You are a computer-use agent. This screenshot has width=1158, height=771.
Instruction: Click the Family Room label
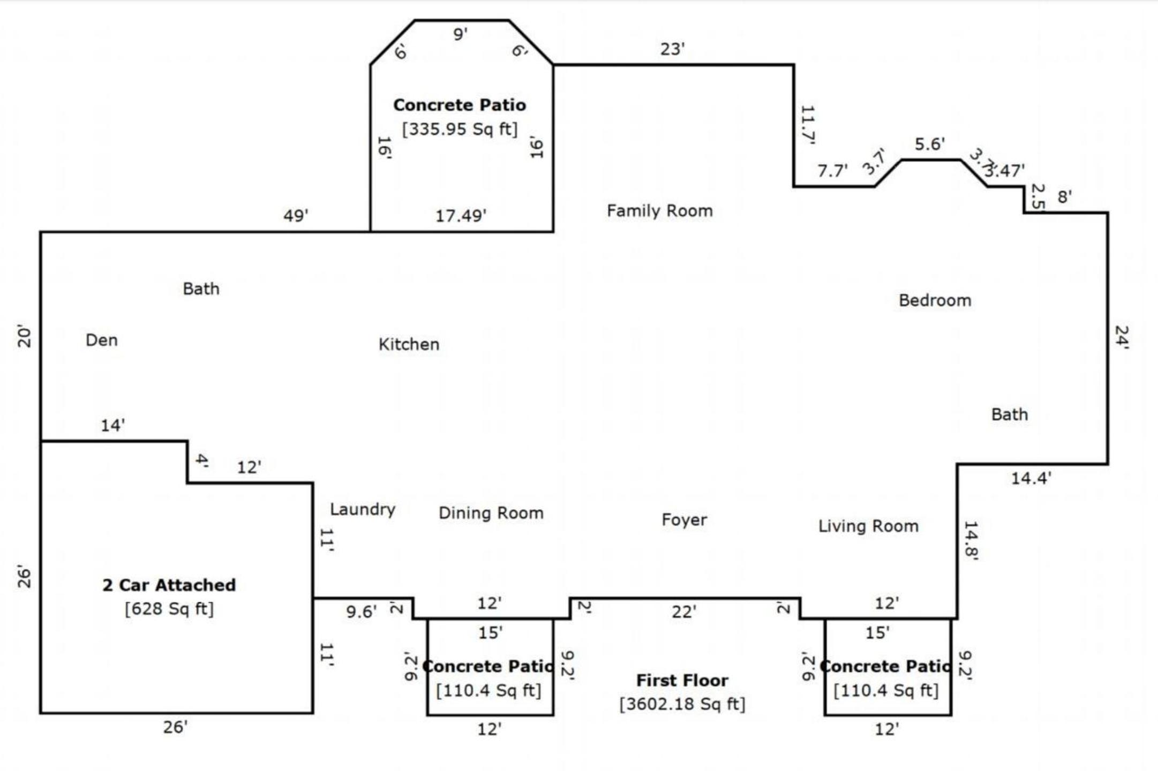coord(659,211)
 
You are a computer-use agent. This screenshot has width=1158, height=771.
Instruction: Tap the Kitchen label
coord(409,344)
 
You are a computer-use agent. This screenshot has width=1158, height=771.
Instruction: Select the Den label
coord(102,340)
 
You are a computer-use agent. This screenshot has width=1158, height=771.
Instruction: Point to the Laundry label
coord(363,509)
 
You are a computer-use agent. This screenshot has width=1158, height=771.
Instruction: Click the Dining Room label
coord(491,513)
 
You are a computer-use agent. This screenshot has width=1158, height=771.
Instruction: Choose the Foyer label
coord(684,520)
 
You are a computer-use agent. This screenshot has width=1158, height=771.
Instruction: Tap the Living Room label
coord(868,526)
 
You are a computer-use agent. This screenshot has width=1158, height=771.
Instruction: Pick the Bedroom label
coord(935,300)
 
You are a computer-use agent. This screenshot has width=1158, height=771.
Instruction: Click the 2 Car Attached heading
coord(169,585)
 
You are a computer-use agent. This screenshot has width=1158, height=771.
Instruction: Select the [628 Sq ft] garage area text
coord(169,609)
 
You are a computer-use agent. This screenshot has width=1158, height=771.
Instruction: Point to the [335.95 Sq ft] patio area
coord(460,129)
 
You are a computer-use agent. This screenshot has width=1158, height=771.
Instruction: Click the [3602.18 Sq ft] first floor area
coord(682,704)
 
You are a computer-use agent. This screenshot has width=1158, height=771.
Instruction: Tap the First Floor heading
coord(682,681)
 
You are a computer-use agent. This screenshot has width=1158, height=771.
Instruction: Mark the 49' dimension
coord(296,215)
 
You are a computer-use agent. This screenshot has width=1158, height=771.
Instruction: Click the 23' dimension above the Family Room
coord(673,49)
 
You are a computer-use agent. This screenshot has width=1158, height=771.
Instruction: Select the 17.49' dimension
coord(461,216)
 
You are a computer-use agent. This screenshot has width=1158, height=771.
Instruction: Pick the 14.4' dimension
coord(1031,478)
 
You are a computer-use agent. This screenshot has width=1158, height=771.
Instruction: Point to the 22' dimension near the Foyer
coord(684,612)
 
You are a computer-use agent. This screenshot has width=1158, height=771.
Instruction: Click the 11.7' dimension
coord(807,125)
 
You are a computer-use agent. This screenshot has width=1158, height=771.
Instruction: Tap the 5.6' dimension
coord(929,144)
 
